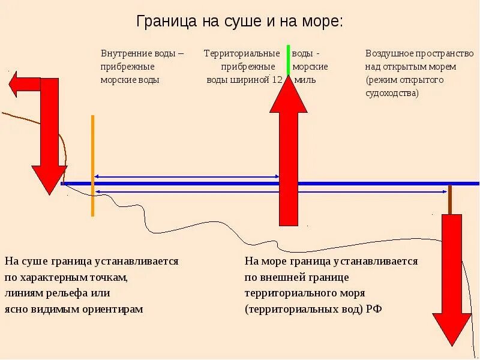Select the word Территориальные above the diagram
click(242, 53)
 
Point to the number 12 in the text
click(277, 80)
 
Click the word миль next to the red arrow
click(304, 80)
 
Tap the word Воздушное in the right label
click(389, 53)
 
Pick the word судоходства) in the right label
click(392, 93)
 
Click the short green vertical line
click(289, 59)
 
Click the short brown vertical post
click(449, 200)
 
